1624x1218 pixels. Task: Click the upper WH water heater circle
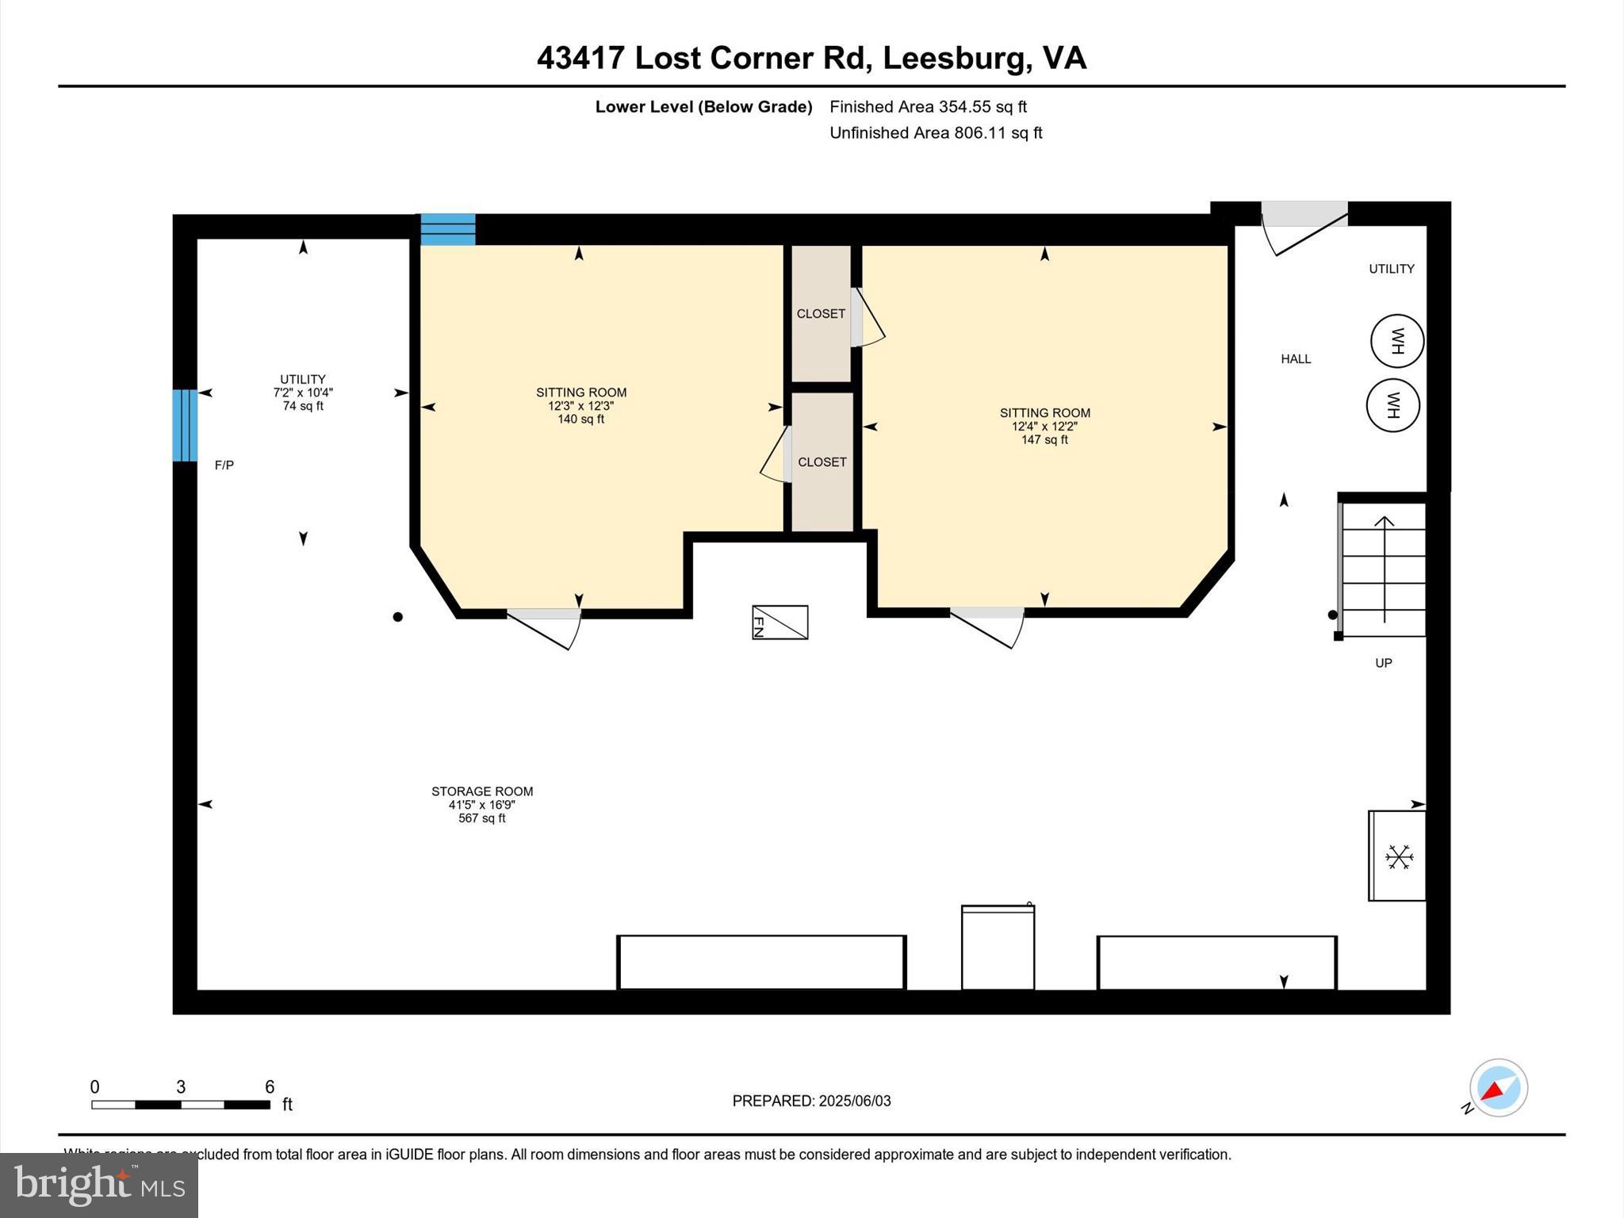[1397, 341]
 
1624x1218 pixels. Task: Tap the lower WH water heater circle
[1392, 405]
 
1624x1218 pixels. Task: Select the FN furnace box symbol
[780, 622]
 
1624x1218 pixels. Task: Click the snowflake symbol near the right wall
[1399, 856]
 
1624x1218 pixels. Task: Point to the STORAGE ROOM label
[482, 791]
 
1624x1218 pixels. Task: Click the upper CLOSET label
[821, 314]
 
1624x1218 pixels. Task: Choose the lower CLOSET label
[822, 462]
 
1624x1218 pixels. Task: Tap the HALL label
[1296, 359]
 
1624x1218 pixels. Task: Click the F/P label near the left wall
[224, 465]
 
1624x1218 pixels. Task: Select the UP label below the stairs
[1383, 663]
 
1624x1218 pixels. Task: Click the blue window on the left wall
[185, 425]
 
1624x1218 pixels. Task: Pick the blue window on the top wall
[448, 229]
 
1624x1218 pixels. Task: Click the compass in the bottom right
[1498, 1088]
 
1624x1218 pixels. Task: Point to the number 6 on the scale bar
[270, 1086]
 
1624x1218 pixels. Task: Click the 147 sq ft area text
[1044, 440]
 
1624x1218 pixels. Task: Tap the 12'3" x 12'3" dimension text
[580, 406]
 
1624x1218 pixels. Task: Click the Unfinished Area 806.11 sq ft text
[936, 133]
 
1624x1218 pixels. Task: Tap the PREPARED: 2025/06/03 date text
[811, 1101]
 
